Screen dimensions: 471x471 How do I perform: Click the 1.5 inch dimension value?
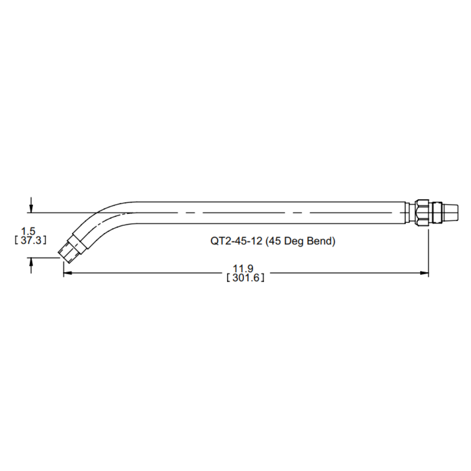coord(27,231)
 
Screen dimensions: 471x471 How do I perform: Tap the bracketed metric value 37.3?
coord(30,239)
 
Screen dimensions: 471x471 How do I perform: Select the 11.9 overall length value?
coord(245,268)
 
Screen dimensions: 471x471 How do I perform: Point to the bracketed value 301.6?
coord(246,278)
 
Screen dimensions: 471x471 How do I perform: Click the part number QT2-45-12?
coord(236,241)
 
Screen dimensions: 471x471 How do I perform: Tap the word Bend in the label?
coord(319,241)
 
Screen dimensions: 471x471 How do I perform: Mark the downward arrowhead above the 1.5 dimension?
coord(31,208)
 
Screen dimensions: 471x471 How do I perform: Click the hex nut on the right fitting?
coord(421,213)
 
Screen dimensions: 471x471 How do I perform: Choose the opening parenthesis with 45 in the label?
coord(267,241)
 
